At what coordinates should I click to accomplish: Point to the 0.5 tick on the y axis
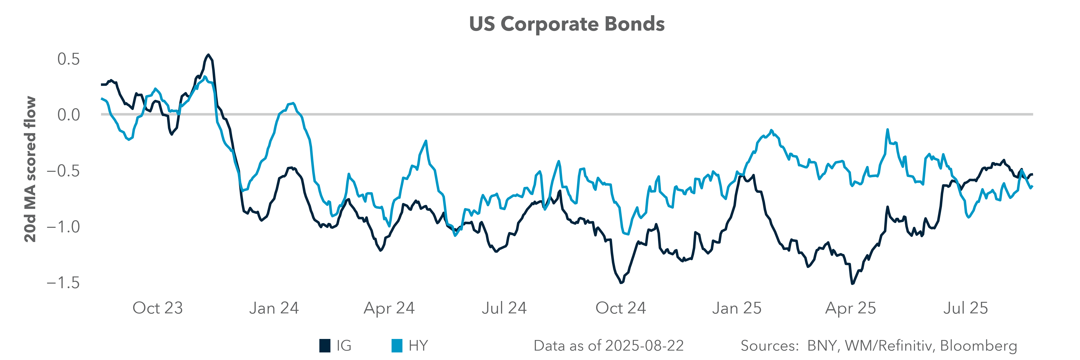[x=68, y=59]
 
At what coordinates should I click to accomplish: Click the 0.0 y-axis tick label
[x=68, y=114]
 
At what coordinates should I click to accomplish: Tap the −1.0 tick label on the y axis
[x=63, y=227]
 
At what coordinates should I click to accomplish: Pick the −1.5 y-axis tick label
[x=63, y=283]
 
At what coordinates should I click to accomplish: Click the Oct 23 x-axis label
[x=158, y=308]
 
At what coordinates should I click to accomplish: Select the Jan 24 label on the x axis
[x=274, y=308]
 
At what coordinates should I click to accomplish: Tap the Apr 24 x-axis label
[x=389, y=308]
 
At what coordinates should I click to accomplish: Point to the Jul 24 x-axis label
[x=504, y=308]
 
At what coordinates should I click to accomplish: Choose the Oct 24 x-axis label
[x=620, y=308]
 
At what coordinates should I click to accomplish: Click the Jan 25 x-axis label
[x=737, y=308]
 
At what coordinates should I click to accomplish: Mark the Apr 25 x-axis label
[x=851, y=308]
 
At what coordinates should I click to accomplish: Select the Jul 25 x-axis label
[x=966, y=308]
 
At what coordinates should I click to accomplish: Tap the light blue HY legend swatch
[x=397, y=346]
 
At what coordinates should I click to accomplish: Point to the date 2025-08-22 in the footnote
[x=644, y=346]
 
